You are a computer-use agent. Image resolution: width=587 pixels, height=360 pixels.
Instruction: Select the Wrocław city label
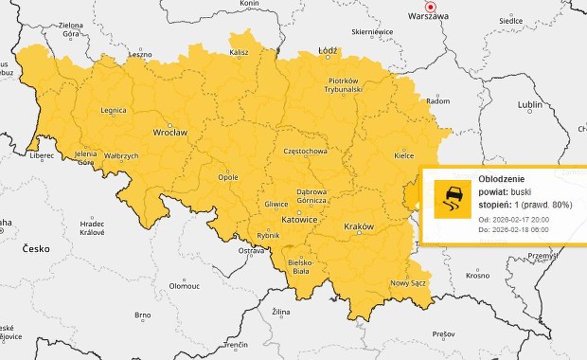coord(170,134)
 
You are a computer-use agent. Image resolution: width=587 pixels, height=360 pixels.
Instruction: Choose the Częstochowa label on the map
coord(305,152)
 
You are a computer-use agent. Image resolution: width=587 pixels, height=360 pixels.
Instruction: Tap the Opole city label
coord(228,176)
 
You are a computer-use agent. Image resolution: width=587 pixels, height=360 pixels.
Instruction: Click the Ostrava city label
coord(251,251)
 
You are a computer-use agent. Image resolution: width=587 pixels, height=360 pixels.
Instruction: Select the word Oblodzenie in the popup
coord(499,178)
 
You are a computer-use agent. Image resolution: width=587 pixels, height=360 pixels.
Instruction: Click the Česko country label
coord(40,248)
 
